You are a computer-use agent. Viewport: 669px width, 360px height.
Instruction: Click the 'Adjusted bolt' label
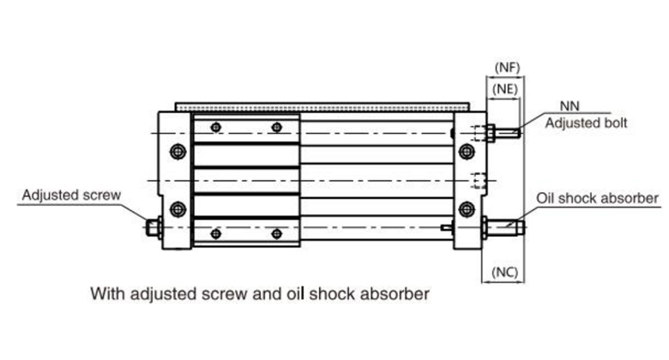pyautogui.click(x=587, y=123)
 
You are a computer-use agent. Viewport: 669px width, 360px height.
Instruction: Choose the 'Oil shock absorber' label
pyautogui.click(x=598, y=199)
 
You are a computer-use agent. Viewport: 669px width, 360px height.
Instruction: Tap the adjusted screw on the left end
pyautogui.click(x=153, y=228)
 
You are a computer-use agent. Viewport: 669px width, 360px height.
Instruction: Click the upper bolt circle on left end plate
pyautogui.click(x=178, y=152)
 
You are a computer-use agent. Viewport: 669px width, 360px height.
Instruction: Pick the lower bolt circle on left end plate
pyautogui.click(x=178, y=207)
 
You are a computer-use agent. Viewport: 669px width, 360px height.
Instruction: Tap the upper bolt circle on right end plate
pyautogui.click(x=467, y=152)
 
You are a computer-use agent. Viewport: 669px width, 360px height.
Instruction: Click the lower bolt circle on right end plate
pyautogui.click(x=467, y=207)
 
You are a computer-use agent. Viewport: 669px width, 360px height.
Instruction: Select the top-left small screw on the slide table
pyautogui.click(x=215, y=128)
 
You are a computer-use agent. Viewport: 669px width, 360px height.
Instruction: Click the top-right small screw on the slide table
pyautogui.click(x=276, y=128)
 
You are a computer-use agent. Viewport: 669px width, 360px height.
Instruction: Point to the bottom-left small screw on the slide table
pyautogui.click(x=215, y=232)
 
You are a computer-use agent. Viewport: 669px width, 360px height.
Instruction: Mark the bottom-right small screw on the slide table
pyautogui.click(x=276, y=232)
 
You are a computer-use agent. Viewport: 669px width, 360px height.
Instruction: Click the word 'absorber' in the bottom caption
pyautogui.click(x=395, y=294)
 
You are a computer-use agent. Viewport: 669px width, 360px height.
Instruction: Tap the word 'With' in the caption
pyautogui.click(x=106, y=294)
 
